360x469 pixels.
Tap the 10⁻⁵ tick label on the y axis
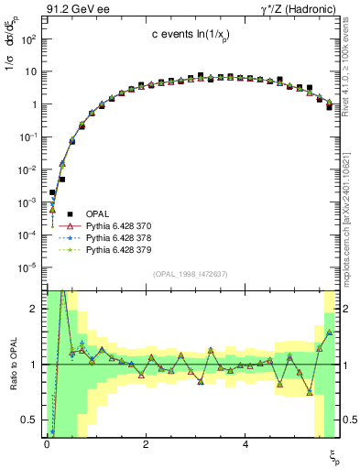pos(27,267)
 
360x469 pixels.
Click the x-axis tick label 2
pos(146,442)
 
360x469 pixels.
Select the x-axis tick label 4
pos(245,442)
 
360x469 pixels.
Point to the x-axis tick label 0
pos(46,442)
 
